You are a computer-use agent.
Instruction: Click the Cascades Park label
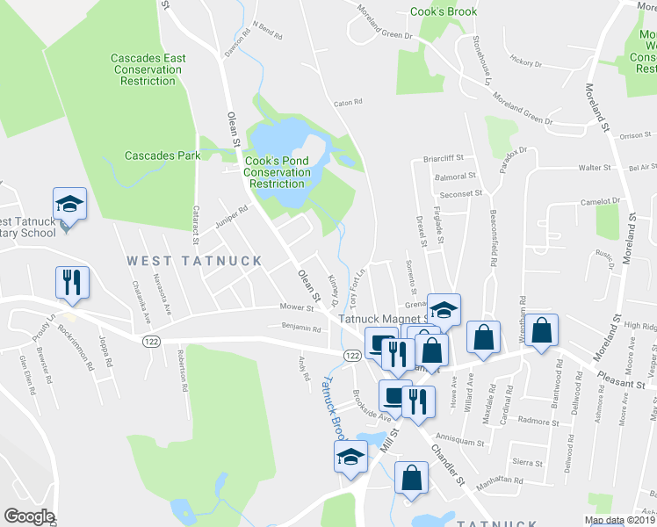click(162, 156)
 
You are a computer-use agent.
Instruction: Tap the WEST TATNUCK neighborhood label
click(194, 261)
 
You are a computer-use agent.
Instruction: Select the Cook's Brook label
click(444, 11)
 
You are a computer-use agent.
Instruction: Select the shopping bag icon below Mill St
click(411, 480)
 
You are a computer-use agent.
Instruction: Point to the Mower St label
click(297, 308)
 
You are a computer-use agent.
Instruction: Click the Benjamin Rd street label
click(301, 328)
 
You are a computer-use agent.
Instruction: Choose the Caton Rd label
click(348, 103)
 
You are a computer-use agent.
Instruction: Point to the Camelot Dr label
click(601, 201)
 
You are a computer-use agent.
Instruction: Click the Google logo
click(29, 516)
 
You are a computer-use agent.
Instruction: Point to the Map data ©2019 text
click(620, 520)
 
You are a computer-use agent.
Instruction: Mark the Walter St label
click(595, 167)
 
